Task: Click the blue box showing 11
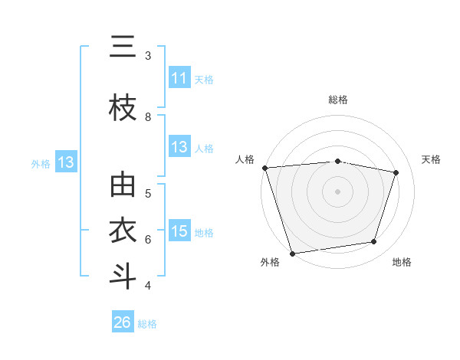pyautogui.click(x=179, y=78)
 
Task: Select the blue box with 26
pyautogui.click(x=123, y=322)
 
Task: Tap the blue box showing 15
pyautogui.click(x=179, y=231)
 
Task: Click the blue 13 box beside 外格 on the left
pyautogui.click(x=64, y=162)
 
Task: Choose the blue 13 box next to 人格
pyautogui.click(x=179, y=147)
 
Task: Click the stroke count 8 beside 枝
pyautogui.click(x=148, y=116)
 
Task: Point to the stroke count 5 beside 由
pyautogui.click(x=148, y=193)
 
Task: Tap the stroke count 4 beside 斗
pyautogui.click(x=148, y=286)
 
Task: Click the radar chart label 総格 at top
pyautogui.click(x=338, y=100)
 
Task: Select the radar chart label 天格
pyautogui.click(x=431, y=159)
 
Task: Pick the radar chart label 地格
pyautogui.click(x=402, y=262)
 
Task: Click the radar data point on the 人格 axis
pyautogui.click(x=264, y=168)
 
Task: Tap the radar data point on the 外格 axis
pyautogui.click(x=292, y=253)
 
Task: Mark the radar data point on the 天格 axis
pyautogui.click(x=396, y=172)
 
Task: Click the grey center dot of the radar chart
pyautogui.click(x=338, y=191)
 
